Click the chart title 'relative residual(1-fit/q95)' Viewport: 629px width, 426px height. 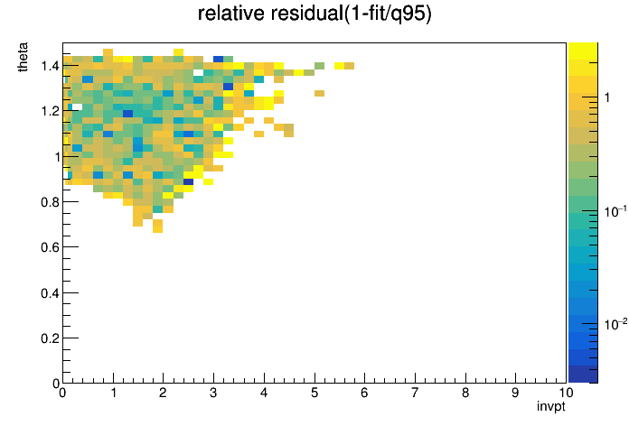click(x=314, y=14)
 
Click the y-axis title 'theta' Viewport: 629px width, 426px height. click(x=23, y=57)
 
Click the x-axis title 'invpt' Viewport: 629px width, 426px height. click(x=551, y=407)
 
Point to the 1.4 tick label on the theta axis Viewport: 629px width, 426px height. click(x=50, y=65)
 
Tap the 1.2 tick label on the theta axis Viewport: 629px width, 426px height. click(x=50, y=111)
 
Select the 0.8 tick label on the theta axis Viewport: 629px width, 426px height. click(x=50, y=202)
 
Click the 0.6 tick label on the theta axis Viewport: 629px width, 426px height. click(x=50, y=247)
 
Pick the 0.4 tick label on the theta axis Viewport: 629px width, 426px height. click(x=50, y=293)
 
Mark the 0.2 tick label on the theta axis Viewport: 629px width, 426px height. click(x=50, y=338)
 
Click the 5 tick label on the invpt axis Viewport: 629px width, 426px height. click(x=314, y=393)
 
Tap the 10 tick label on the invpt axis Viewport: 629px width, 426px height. click(x=566, y=393)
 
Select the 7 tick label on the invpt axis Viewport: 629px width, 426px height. click(x=415, y=393)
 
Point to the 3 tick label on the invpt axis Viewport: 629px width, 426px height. click(x=213, y=393)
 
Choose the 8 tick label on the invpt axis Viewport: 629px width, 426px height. click(x=465, y=393)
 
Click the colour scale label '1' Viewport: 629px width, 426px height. click(x=607, y=97)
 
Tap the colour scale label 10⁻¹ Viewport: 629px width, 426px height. click(x=615, y=211)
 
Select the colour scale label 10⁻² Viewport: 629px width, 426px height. click(x=615, y=324)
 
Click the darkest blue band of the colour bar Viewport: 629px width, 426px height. click(x=583, y=375)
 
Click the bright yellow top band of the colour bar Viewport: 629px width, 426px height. click(x=583, y=51)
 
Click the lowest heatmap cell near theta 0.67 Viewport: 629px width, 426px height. click(x=157, y=229)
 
